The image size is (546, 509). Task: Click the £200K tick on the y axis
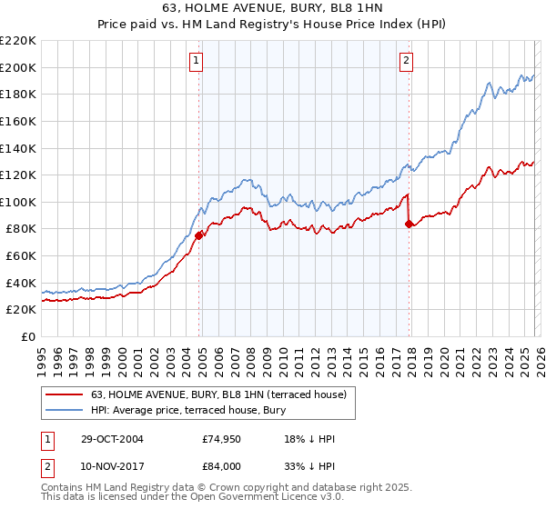click(18, 67)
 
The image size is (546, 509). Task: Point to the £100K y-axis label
click(18, 202)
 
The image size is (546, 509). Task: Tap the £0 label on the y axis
click(27, 336)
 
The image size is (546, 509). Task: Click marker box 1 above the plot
click(197, 61)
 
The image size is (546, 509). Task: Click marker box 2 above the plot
click(406, 61)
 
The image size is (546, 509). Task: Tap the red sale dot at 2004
click(198, 235)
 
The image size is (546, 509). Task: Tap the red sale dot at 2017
click(409, 224)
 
